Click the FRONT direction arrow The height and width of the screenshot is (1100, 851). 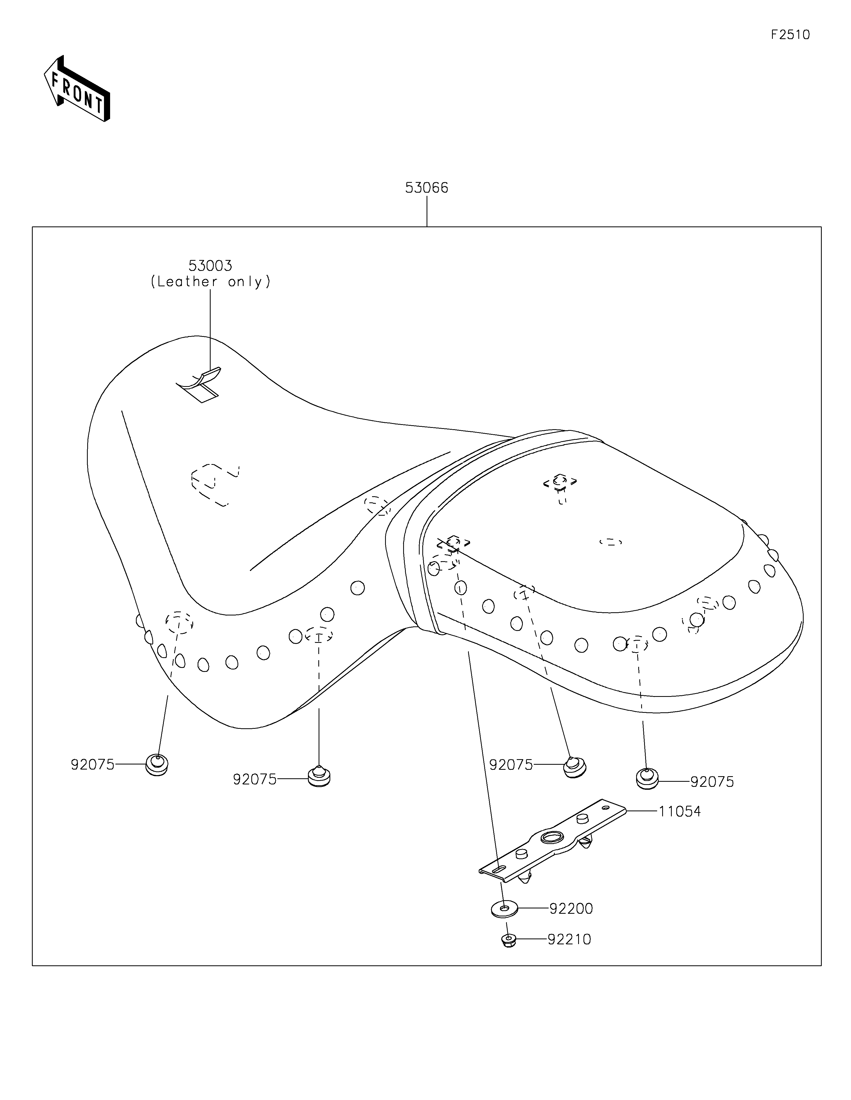pos(77,90)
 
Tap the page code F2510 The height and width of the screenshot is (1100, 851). pos(790,35)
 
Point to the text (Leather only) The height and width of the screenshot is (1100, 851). pos(210,282)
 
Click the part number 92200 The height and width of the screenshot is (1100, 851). pos(571,909)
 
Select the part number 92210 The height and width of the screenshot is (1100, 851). pos(569,939)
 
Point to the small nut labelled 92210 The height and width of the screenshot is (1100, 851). pos(508,940)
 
